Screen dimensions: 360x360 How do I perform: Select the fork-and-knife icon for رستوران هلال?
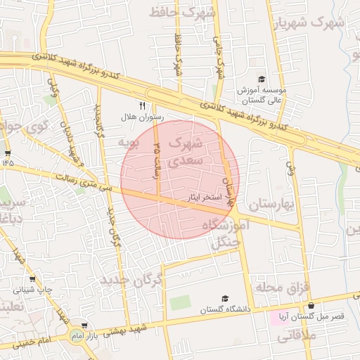142,105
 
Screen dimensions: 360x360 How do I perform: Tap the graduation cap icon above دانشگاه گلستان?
224,299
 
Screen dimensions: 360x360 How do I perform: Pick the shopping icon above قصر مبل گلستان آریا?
311,306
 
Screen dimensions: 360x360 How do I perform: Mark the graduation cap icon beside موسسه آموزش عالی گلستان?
262,79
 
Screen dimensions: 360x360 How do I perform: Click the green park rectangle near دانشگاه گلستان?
180,303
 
